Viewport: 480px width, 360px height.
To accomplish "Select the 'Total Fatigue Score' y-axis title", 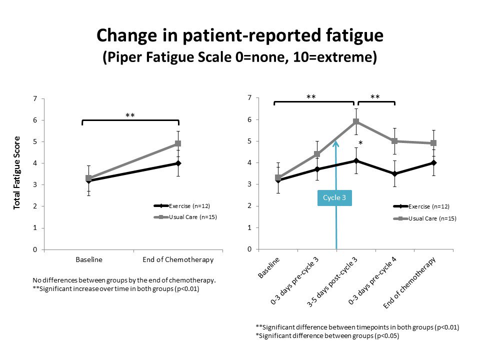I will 17,172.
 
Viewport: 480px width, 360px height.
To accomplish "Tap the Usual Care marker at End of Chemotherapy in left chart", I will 178,143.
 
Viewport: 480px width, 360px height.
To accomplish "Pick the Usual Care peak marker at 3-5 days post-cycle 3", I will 356,121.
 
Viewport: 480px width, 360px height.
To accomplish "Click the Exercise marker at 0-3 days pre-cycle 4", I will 395,174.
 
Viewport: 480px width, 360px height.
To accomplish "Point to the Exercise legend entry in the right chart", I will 425,206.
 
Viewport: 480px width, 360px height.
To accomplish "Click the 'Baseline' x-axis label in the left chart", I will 89,259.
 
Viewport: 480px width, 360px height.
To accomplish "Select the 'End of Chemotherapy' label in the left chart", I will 178,259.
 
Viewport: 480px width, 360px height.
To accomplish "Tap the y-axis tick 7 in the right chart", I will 249,98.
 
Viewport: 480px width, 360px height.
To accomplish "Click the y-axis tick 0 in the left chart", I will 34,249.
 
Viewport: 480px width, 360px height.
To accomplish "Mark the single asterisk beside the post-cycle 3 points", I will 360,144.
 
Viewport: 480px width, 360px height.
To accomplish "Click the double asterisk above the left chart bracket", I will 130,115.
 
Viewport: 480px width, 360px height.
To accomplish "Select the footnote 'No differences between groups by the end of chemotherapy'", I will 124,280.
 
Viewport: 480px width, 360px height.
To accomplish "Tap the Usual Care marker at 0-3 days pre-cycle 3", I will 317,154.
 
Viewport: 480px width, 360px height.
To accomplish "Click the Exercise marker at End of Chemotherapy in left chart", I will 178,163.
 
